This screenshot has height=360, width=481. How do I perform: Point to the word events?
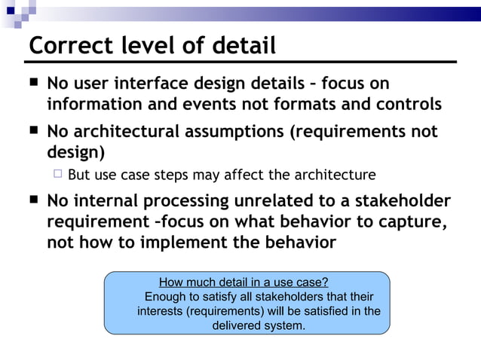pyautogui.click(x=209, y=104)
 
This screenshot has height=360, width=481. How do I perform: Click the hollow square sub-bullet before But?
pyautogui.click(x=57, y=175)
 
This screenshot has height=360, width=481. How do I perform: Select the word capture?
pyautogui.click(x=409, y=222)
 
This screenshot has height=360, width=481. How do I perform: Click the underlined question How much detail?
pyautogui.click(x=244, y=282)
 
